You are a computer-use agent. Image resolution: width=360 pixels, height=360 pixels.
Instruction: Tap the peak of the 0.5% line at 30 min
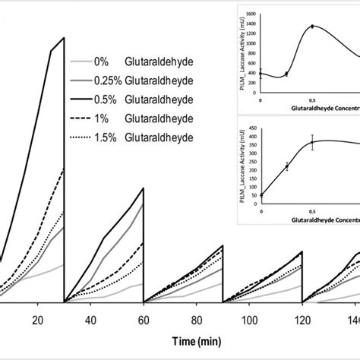coord(65,37)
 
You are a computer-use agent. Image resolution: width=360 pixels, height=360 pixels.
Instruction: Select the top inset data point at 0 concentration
coord(261,74)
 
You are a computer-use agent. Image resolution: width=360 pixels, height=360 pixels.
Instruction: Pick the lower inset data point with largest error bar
coord(311,142)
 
